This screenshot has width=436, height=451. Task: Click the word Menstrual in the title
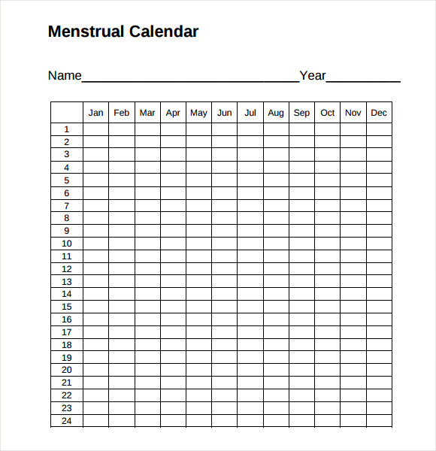[86, 32]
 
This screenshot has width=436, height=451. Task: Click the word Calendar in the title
[164, 32]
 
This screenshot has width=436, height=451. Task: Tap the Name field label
[64, 75]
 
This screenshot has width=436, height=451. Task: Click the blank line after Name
[190, 78]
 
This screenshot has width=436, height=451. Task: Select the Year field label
[313, 75]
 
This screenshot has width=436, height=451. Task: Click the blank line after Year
[363, 78]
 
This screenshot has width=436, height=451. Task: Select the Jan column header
[95, 113]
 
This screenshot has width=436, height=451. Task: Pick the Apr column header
[173, 113]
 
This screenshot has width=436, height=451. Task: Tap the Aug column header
[276, 113]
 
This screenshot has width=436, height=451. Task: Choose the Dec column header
[379, 113]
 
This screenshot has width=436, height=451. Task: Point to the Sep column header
[301, 113]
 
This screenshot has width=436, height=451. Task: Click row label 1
[66, 129]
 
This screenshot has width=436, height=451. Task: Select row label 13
[66, 282]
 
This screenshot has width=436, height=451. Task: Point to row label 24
[66, 421]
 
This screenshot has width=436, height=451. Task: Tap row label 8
[66, 218]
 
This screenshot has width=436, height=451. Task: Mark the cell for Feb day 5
[121, 180]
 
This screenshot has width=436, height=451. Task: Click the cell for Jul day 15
[250, 307]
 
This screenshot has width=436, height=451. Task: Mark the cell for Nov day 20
[353, 371]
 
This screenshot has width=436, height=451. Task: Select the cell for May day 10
[198, 244]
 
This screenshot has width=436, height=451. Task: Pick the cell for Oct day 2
[327, 142]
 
